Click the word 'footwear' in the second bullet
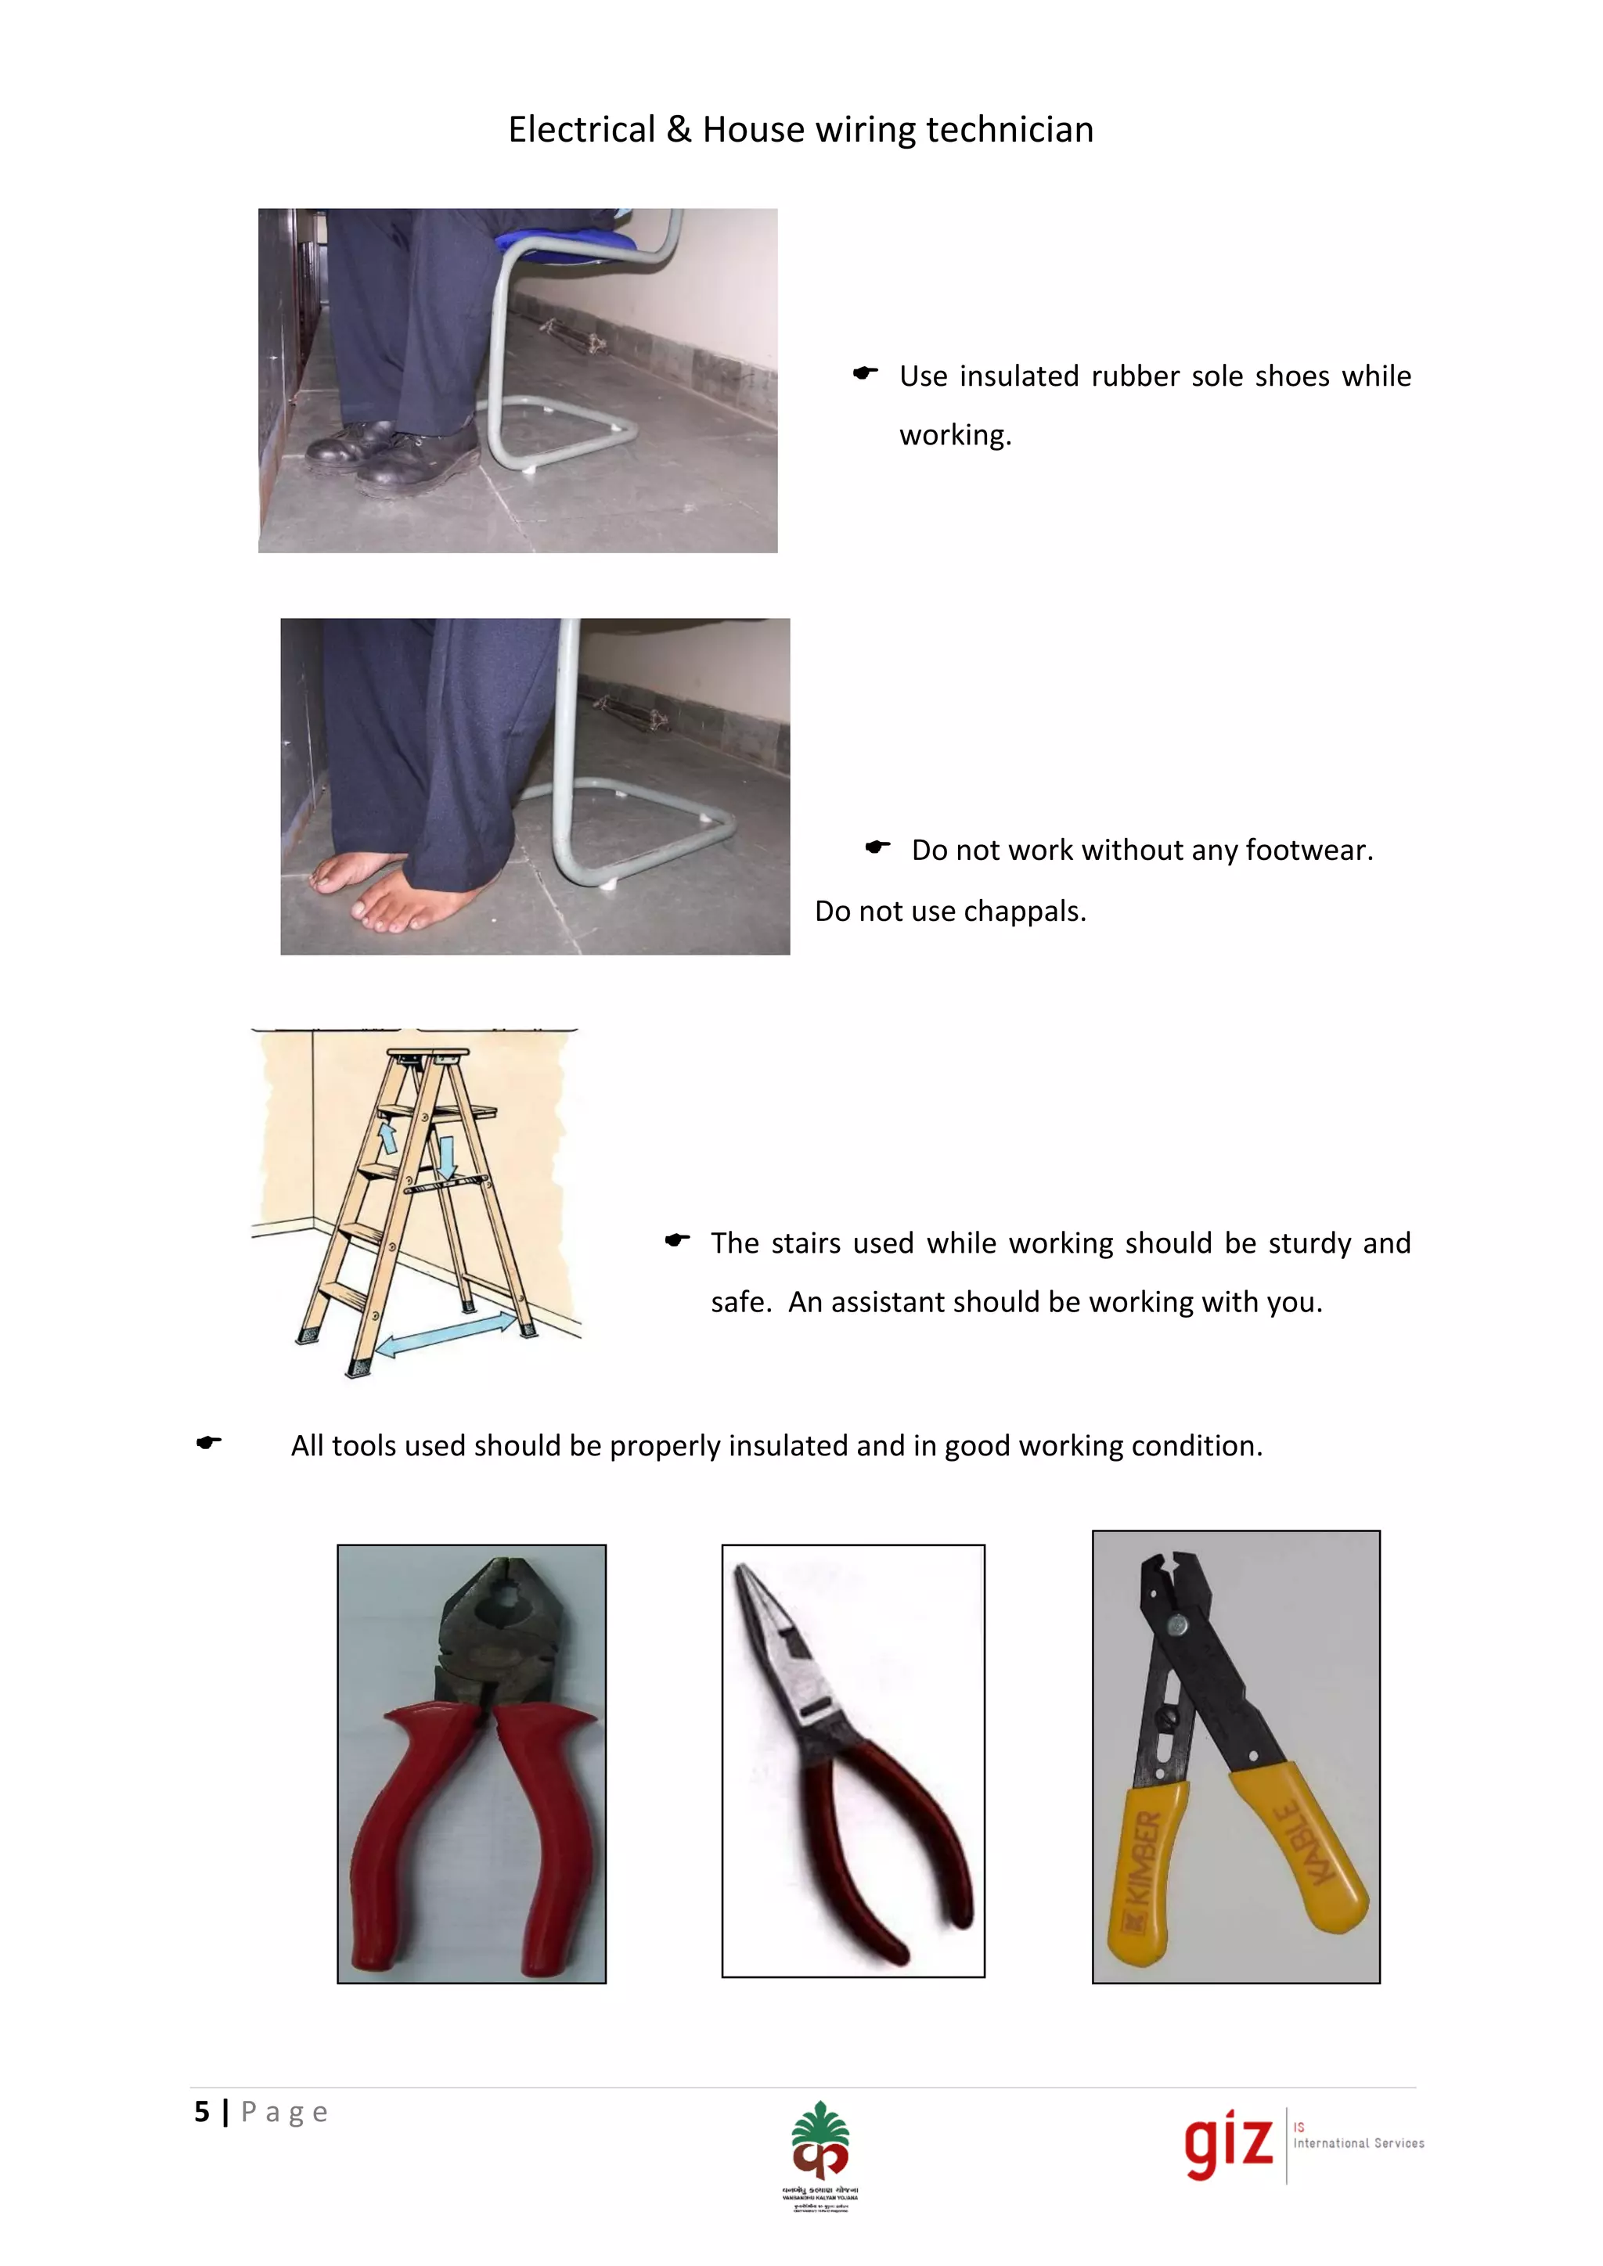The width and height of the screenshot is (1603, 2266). point(1305,851)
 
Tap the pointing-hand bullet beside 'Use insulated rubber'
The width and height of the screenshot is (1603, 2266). point(866,373)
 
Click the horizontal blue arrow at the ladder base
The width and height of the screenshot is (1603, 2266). point(446,1333)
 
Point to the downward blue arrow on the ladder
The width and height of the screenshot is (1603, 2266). point(447,1156)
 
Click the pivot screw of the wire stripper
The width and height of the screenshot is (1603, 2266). point(1176,1624)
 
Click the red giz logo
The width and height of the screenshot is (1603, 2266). point(1229,2144)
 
